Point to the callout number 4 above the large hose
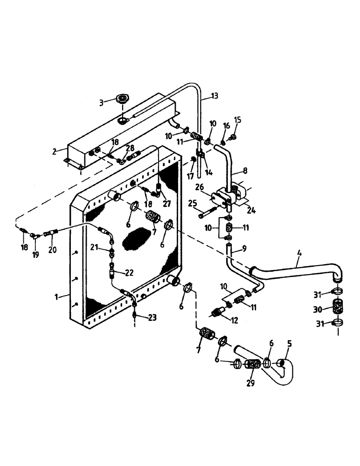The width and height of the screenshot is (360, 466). click(298, 255)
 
